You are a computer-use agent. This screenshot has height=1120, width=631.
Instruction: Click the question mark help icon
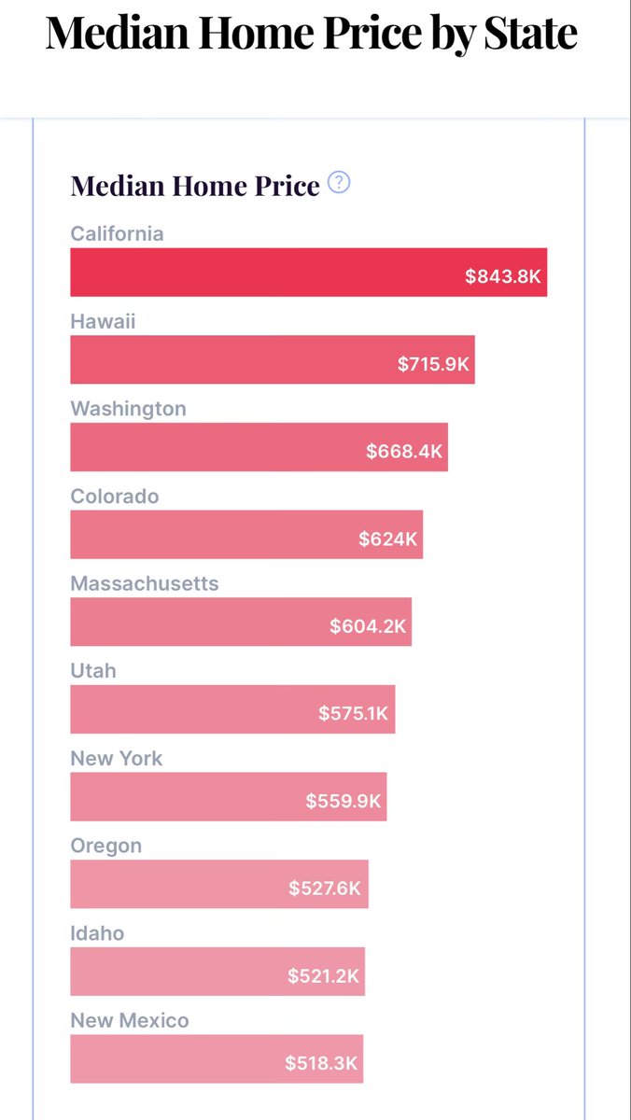click(340, 183)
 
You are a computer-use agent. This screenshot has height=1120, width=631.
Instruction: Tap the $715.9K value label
click(433, 364)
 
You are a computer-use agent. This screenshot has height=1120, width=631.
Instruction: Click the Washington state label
click(128, 409)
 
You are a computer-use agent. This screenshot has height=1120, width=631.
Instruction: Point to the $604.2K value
click(368, 626)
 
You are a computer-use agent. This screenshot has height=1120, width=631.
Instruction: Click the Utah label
click(93, 671)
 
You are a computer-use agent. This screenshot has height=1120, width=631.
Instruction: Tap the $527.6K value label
click(324, 889)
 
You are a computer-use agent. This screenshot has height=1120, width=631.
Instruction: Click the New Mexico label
click(130, 1021)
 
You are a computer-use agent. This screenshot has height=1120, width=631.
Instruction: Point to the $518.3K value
click(321, 1063)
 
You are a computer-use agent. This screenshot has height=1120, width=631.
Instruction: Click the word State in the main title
click(530, 34)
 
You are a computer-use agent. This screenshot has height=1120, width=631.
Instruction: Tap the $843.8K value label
click(503, 277)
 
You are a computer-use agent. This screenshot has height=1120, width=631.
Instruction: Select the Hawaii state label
click(103, 321)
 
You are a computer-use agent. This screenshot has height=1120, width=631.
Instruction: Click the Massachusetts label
click(145, 583)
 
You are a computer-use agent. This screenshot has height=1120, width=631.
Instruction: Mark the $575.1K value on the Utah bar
click(353, 714)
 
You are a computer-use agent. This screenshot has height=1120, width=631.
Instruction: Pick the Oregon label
click(106, 846)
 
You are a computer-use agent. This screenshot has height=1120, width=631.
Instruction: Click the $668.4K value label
click(404, 452)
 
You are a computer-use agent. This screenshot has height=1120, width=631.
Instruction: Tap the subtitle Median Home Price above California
click(195, 185)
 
